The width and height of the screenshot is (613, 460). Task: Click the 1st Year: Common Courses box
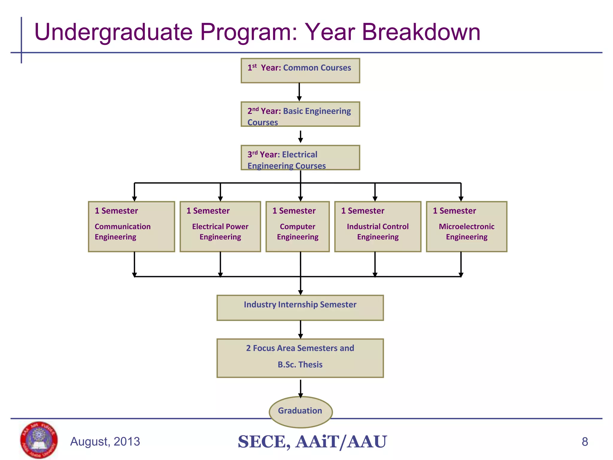(x=300, y=71)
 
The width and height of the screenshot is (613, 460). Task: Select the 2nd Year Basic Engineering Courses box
(x=300, y=114)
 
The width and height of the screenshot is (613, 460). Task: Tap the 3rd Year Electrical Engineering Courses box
(x=300, y=158)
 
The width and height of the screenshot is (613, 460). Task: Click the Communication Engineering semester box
(x=131, y=226)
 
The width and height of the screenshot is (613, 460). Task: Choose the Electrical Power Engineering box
(x=220, y=226)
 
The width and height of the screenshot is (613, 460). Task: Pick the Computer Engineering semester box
(x=298, y=226)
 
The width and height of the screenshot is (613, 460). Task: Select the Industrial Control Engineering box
(x=378, y=226)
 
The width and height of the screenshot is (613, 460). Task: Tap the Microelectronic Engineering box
(x=466, y=226)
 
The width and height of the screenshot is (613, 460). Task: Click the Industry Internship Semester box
(x=300, y=308)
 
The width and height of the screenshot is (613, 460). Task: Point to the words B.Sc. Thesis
(x=300, y=364)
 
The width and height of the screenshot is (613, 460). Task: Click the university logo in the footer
(x=39, y=440)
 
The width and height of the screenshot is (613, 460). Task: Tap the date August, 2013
(x=105, y=442)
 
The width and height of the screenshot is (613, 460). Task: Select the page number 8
(x=585, y=442)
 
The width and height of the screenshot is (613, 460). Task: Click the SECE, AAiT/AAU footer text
(x=312, y=442)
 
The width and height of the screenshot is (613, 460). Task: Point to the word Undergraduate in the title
(x=113, y=32)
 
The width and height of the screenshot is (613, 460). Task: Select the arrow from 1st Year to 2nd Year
(x=299, y=92)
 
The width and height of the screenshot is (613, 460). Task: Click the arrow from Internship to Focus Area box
(x=301, y=329)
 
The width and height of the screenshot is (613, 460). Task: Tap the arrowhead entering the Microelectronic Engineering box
(x=461, y=199)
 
